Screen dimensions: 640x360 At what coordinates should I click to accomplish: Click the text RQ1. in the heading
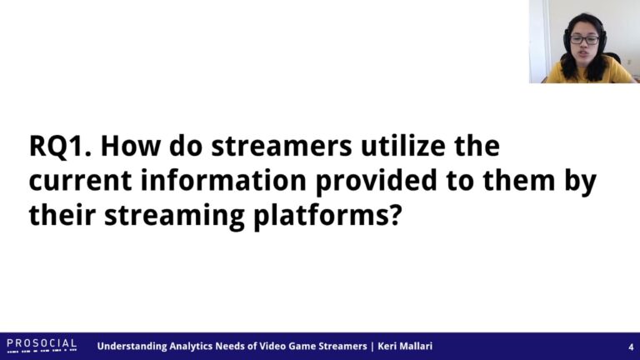[60, 146]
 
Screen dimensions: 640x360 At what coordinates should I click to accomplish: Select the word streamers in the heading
[281, 146]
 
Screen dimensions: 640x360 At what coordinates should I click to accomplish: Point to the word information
[223, 180]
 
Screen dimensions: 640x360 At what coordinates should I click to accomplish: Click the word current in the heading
[80, 181]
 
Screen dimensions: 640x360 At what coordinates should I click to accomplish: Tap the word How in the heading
[131, 146]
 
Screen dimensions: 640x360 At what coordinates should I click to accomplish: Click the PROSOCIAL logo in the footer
[42, 345]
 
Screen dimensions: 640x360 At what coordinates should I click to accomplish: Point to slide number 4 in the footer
[631, 347]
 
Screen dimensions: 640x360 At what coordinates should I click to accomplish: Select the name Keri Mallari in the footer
[405, 346]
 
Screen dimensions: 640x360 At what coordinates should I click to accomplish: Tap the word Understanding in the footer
[132, 347]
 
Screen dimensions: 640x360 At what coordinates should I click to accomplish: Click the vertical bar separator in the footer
[372, 347]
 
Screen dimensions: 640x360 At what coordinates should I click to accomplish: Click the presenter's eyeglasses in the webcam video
[584, 40]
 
